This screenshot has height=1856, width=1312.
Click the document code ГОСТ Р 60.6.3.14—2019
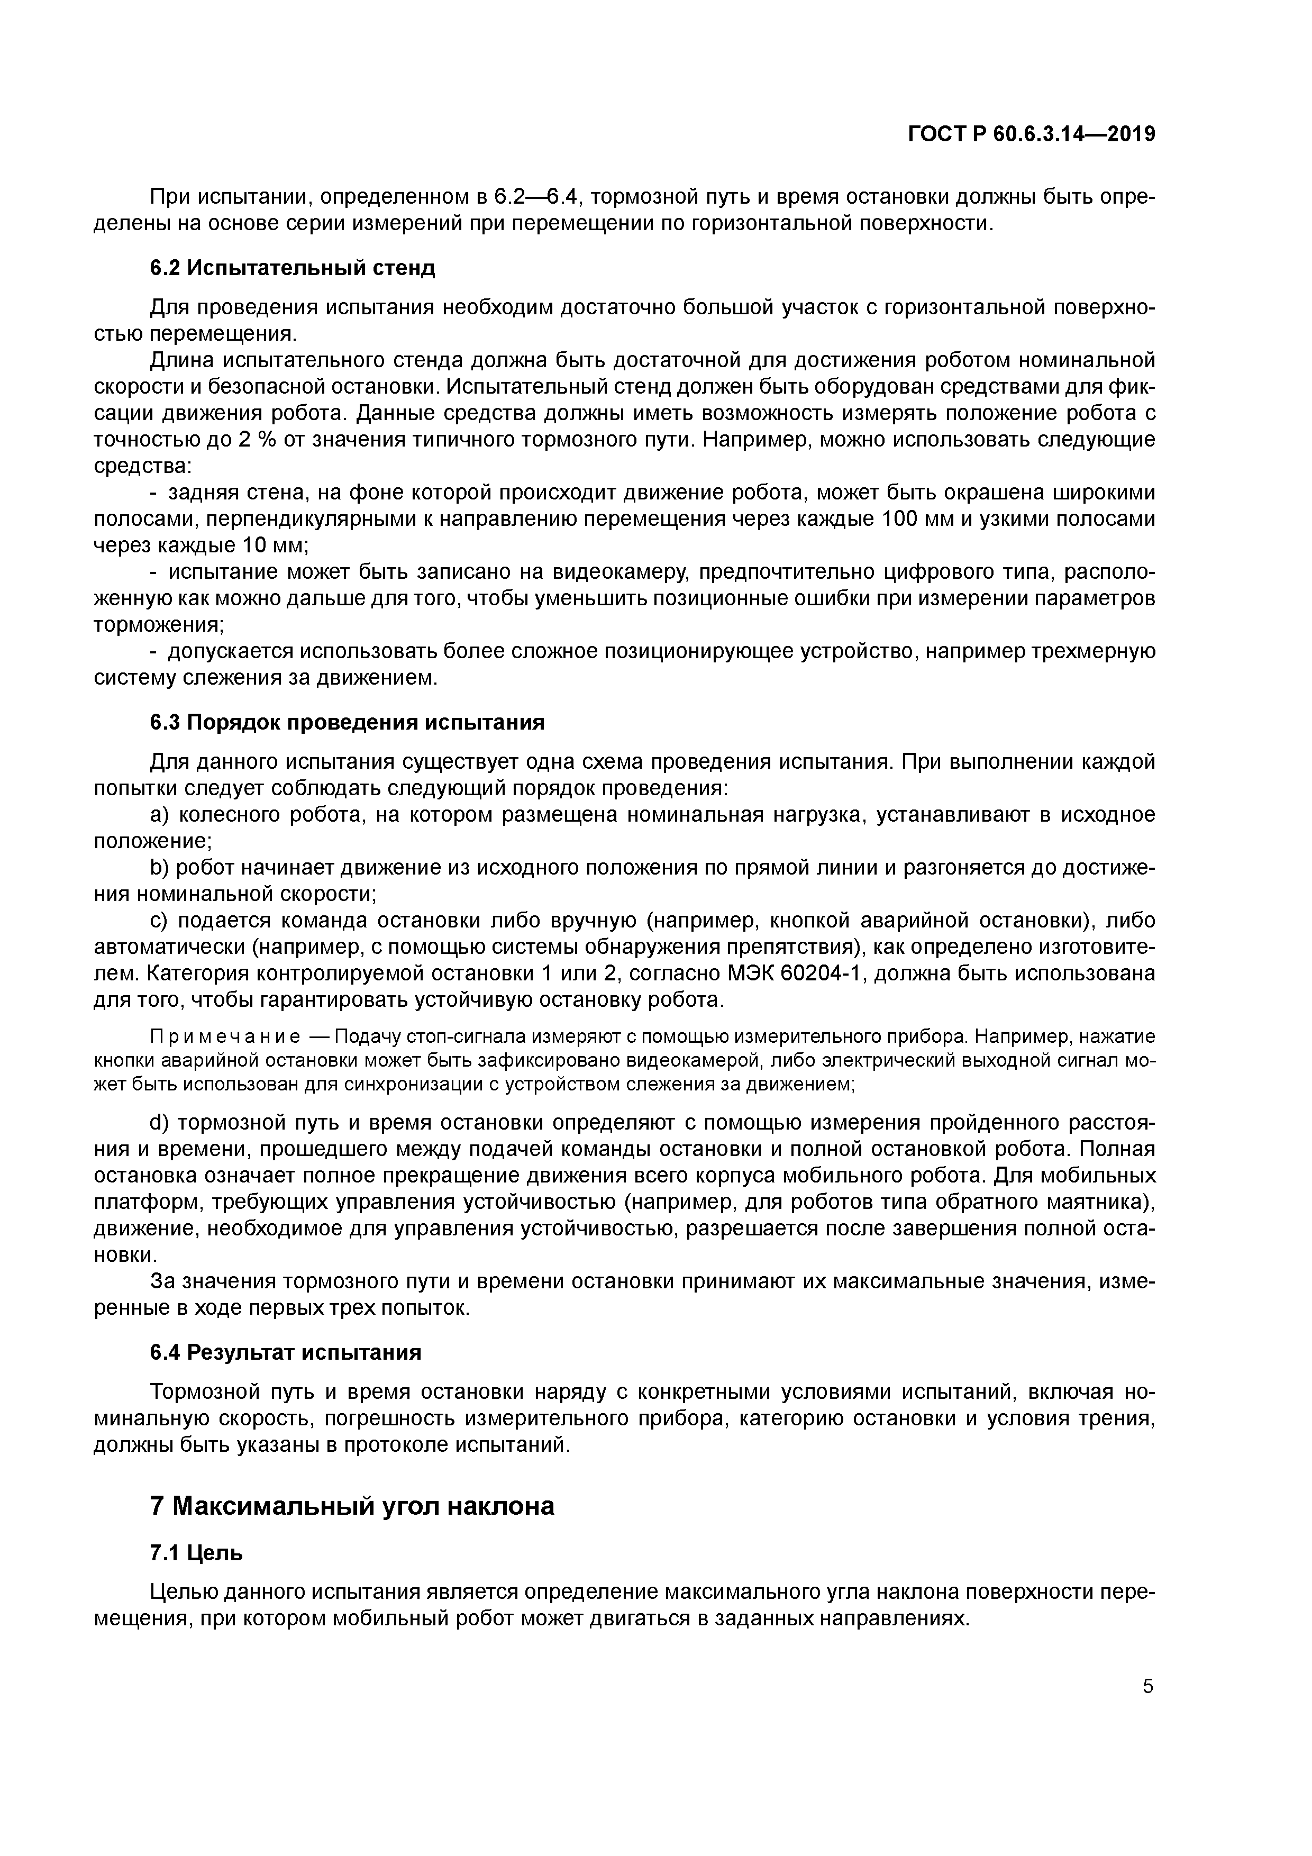[1031, 134]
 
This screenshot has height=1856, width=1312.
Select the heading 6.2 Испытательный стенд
[292, 268]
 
